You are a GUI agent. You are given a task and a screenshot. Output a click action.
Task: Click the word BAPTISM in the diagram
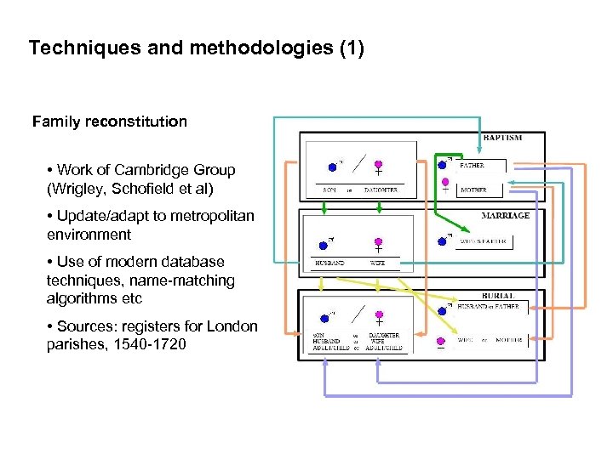[x=502, y=138]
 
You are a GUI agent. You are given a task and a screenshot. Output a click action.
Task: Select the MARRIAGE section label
[x=505, y=216]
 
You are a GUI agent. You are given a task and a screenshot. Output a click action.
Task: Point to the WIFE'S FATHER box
[x=482, y=241]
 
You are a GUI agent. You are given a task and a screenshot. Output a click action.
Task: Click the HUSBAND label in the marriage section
[x=330, y=263]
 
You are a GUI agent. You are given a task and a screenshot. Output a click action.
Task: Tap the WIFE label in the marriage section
[x=378, y=263]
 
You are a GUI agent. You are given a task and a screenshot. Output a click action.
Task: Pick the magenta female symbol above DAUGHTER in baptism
[x=378, y=165]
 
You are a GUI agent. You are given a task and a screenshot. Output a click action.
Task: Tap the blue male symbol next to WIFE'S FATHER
[x=441, y=241]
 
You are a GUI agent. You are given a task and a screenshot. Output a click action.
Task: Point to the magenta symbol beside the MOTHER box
[x=444, y=182]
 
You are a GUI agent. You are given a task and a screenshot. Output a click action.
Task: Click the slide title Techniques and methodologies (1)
[x=196, y=48]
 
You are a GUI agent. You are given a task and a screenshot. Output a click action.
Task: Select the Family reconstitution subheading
[x=110, y=122]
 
